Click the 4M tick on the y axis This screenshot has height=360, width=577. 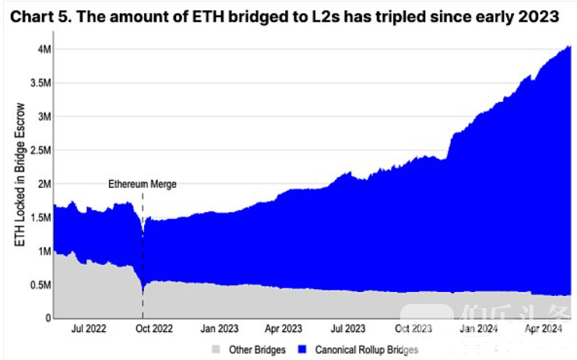click(x=43, y=50)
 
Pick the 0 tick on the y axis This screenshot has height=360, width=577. click(x=47, y=318)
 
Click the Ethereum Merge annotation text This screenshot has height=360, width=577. click(x=142, y=185)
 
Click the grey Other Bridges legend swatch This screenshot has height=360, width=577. click(x=216, y=348)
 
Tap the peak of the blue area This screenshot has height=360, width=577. click(x=568, y=47)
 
